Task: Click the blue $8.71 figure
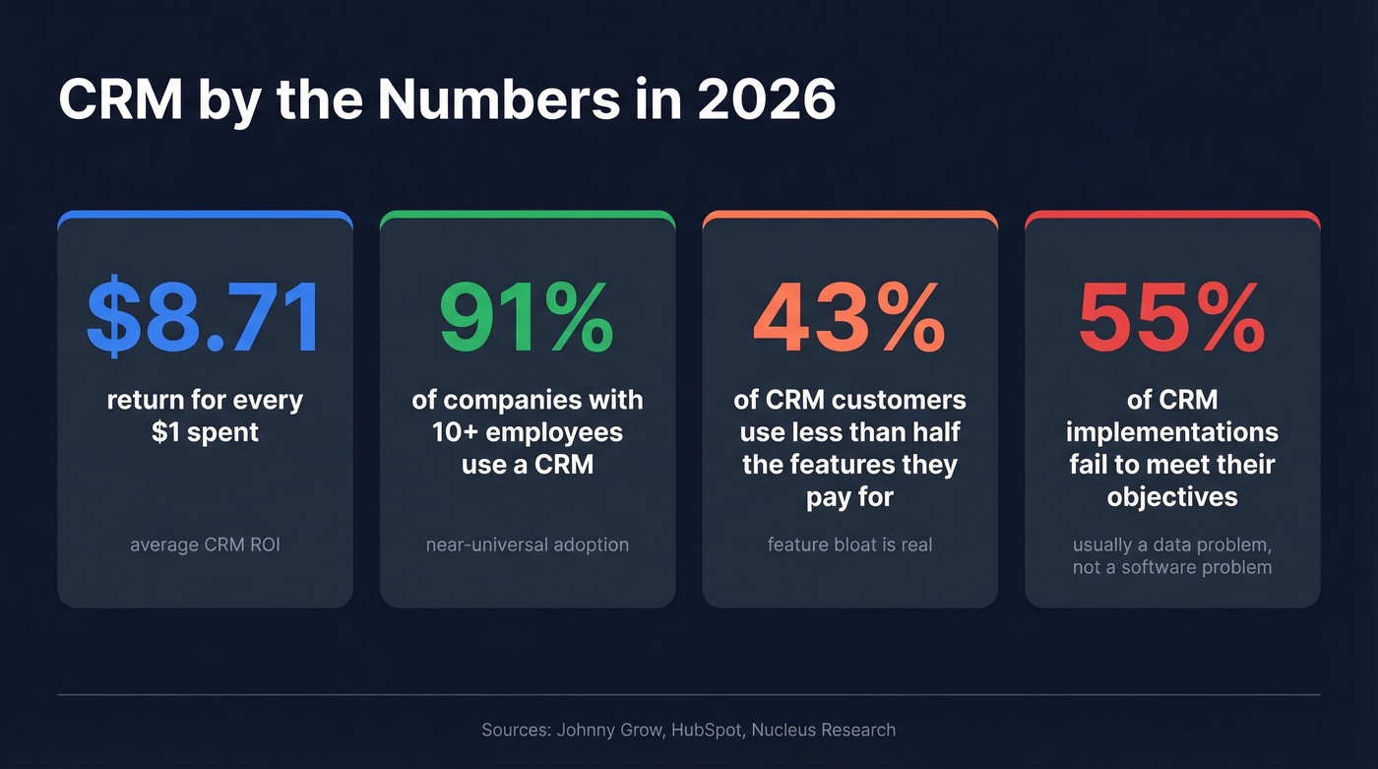(204, 317)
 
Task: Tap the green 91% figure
(527, 317)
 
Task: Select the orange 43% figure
(849, 317)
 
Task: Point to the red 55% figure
(1171, 317)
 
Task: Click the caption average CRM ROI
(205, 545)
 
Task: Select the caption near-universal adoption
(527, 545)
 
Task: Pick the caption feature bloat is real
(849, 545)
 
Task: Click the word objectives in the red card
(1172, 496)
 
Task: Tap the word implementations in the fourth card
(1172, 431)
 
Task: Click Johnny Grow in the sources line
(597, 731)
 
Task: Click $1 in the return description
(167, 432)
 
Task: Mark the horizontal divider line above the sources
(689, 695)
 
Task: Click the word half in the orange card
(935, 432)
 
